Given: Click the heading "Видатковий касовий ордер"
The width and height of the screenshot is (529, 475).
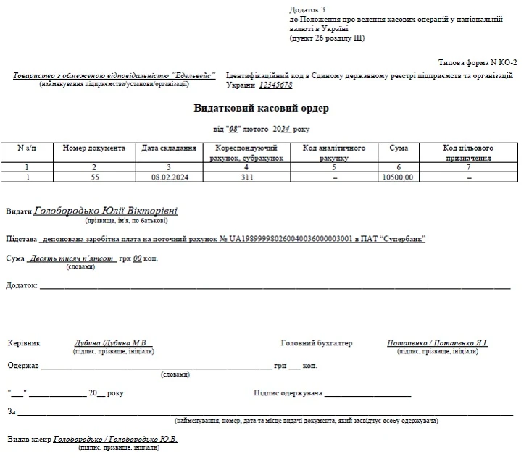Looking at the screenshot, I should tap(261, 109).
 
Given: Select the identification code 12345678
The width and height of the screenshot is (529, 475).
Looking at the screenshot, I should tap(275, 85).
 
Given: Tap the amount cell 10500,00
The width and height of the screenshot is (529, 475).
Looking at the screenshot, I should tap(398, 176).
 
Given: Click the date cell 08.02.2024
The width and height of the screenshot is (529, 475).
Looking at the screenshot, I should tap(169, 176).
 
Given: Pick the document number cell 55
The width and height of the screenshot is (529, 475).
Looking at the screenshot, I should tap(94, 176).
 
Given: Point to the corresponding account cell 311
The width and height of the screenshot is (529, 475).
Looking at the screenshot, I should tap(246, 176).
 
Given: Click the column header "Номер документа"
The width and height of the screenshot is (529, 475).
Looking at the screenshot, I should tap(94, 148).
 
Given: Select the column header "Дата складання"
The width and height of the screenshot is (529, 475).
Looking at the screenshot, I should tap(169, 148).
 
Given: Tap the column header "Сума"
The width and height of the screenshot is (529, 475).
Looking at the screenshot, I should tap(398, 148).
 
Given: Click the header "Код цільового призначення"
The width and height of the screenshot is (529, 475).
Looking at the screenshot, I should tap(468, 153).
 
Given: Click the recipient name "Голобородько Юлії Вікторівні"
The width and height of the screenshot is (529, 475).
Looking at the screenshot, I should tap(106, 211).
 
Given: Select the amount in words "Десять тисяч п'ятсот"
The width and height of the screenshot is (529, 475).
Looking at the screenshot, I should tap(72, 258).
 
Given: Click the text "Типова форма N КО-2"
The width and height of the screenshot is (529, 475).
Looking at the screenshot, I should tap(478, 63).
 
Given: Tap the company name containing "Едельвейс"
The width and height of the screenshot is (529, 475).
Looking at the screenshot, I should tap(114, 76).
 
